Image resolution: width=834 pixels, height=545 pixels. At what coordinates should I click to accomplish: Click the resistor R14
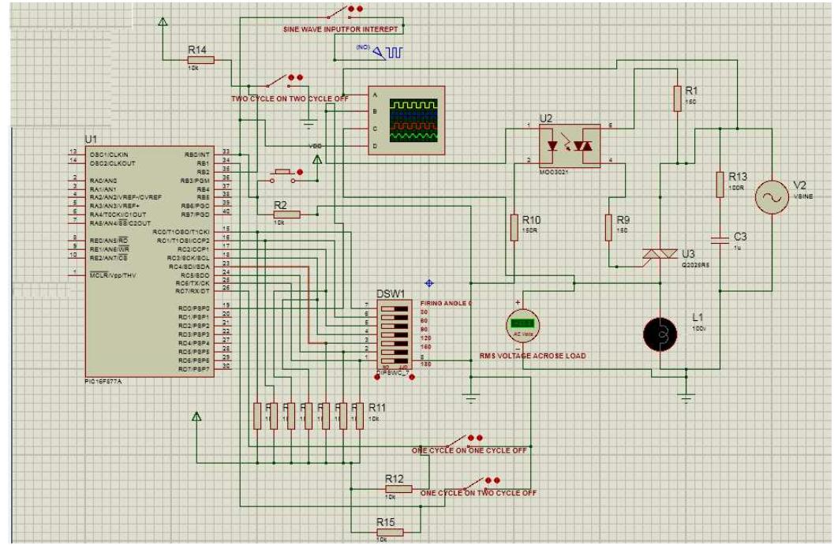click(200, 59)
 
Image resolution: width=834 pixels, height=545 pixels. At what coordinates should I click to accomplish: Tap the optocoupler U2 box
click(568, 145)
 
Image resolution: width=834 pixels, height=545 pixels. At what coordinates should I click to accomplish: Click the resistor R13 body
click(720, 185)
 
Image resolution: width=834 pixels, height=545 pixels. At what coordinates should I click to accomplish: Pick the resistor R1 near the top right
click(676, 99)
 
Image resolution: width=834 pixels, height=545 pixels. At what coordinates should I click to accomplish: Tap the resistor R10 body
click(514, 229)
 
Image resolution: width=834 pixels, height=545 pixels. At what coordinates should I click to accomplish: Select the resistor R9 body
click(608, 228)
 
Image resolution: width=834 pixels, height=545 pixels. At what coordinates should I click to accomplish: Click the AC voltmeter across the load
click(521, 324)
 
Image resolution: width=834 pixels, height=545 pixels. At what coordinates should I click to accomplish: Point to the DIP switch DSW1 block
click(395, 332)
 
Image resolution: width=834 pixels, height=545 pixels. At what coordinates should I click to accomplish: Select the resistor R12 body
click(398, 489)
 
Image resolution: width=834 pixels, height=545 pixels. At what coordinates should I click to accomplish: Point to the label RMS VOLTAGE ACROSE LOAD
click(533, 356)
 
